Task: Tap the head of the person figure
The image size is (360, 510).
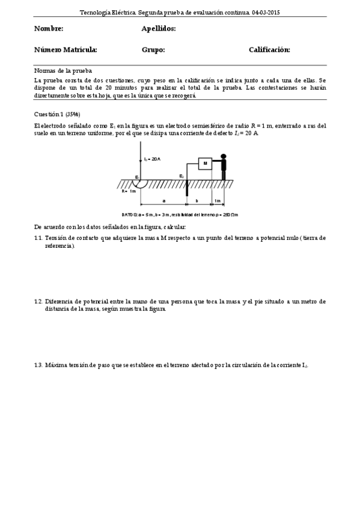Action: (x=224, y=157)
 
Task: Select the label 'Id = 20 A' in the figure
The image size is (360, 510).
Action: (x=152, y=159)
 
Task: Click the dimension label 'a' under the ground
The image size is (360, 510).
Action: (x=164, y=200)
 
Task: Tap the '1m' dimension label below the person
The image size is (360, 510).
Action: (x=218, y=200)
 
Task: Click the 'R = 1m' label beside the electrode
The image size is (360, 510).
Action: (x=129, y=191)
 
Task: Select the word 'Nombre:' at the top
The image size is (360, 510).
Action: (x=49, y=29)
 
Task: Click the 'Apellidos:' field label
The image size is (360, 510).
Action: (x=158, y=29)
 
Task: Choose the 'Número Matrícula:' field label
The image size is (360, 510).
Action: (x=66, y=50)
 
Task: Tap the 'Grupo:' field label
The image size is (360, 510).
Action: (x=153, y=50)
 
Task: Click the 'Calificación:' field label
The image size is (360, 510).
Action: (x=269, y=50)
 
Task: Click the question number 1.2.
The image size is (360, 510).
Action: (x=38, y=301)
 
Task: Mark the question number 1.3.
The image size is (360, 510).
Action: (x=38, y=365)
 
